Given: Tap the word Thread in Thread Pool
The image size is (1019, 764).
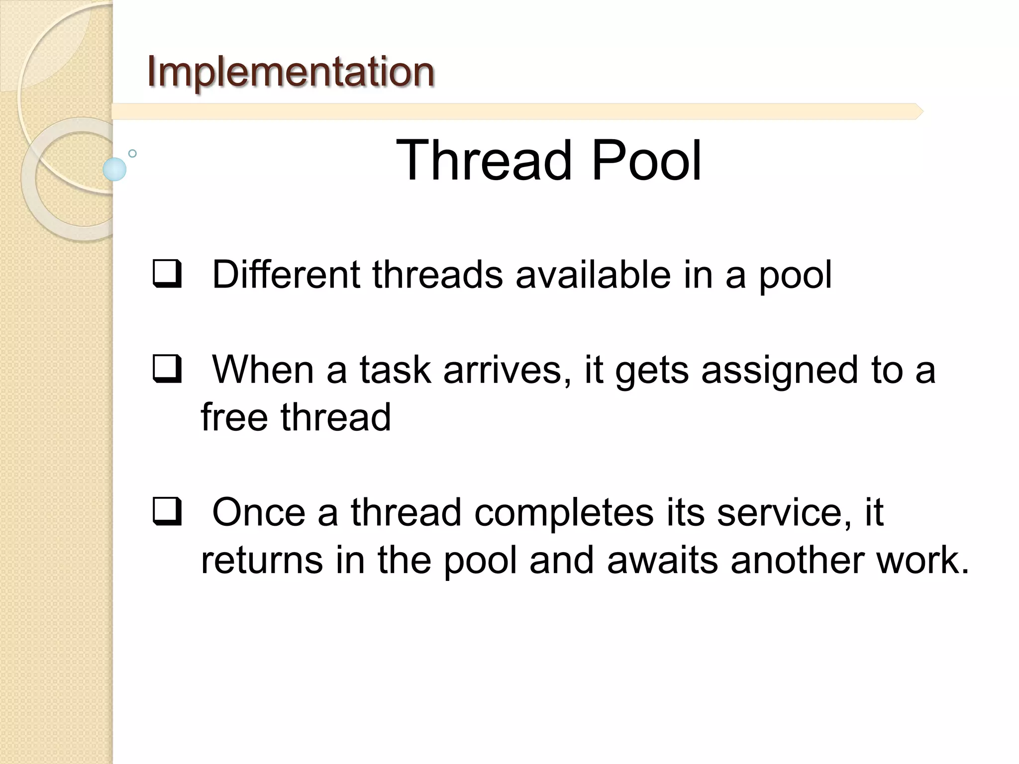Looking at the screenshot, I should (x=483, y=160).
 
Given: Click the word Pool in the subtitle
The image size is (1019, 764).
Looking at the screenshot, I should (x=646, y=160).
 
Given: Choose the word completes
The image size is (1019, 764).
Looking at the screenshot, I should (x=563, y=513).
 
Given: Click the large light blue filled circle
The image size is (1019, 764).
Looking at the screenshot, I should (x=114, y=169).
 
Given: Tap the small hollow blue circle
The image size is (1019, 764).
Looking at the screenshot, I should (x=132, y=153).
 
